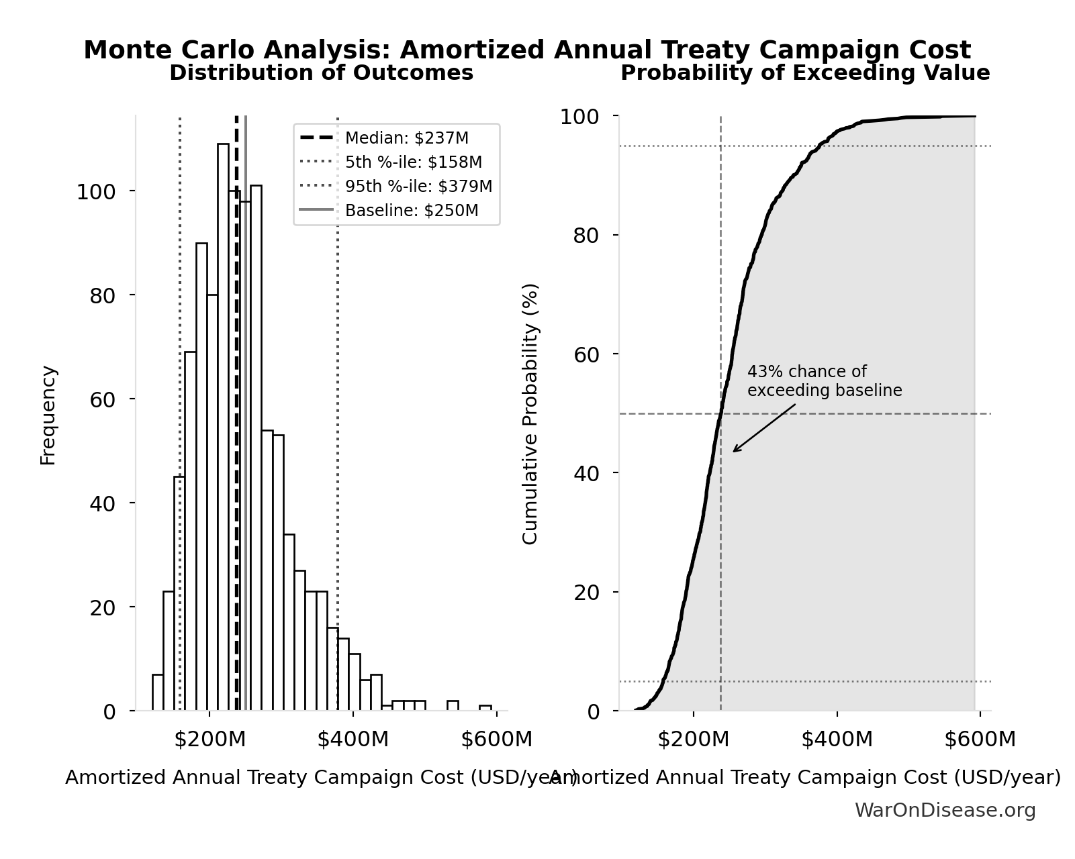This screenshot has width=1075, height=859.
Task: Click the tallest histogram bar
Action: click(223, 429)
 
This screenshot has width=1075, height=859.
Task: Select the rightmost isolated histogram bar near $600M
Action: click(485, 707)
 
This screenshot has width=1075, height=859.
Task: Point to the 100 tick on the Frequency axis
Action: click(96, 193)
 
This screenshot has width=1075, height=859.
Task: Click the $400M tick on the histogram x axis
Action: click(353, 740)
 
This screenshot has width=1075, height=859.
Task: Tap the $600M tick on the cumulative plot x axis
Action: click(980, 740)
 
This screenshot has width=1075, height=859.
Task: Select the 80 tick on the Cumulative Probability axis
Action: click(587, 236)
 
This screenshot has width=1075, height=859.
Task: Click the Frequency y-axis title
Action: click(48, 415)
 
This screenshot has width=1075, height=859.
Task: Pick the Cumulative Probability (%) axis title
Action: click(530, 413)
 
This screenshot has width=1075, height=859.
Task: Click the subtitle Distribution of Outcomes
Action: click(321, 73)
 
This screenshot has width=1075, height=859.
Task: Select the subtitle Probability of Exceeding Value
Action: click(804, 73)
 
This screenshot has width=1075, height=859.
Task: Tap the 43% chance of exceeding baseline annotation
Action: click(824, 381)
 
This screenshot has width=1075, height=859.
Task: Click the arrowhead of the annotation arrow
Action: click(734, 451)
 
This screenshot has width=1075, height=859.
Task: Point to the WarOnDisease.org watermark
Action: click(945, 811)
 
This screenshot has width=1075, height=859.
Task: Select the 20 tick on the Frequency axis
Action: click(103, 608)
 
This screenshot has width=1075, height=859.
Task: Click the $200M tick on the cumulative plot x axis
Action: click(693, 740)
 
